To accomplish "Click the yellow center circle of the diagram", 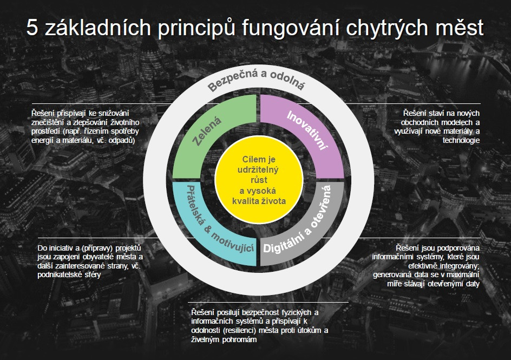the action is pyautogui.click(x=259, y=180).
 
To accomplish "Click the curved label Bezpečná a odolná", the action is pyautogui.click(x=257, y=79).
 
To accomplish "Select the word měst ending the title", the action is pyautogui.click(x=459, y=28).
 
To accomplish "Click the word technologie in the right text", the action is pyautogui.click(x=461, y=141).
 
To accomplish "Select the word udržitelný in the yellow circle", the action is pyautogui.click(x=258, y=170).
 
